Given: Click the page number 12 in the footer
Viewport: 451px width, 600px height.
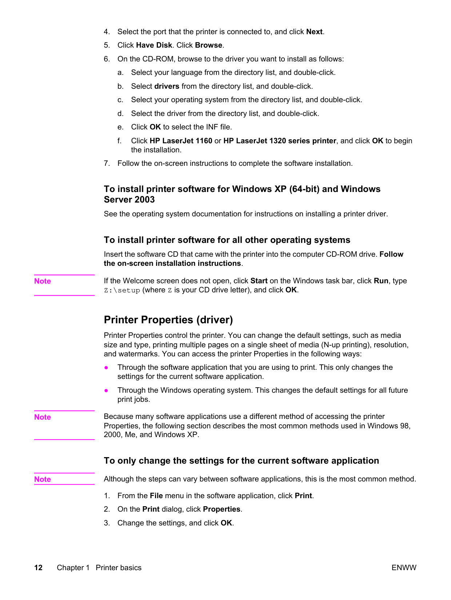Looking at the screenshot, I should point(38,568).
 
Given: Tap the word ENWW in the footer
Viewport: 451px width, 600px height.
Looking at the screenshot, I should point(404,568).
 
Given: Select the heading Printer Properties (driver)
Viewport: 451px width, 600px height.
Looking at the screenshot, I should point(168,320).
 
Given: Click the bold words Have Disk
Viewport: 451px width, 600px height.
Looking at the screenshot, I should point(154,45).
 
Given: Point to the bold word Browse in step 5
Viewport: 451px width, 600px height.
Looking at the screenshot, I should point(208,45).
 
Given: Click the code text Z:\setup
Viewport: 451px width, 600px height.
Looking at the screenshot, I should point(122,290).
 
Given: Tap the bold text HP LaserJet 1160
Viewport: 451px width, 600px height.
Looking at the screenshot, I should point(181,141).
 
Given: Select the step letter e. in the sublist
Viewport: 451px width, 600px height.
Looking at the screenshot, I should point(120,127).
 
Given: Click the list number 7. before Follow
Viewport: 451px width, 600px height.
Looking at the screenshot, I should point(107,163).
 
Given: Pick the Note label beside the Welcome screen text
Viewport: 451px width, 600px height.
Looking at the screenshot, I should point(43,281).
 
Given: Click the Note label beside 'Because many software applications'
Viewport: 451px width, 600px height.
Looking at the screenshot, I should point(43,417).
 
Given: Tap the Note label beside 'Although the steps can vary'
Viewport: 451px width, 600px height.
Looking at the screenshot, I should point(43,479).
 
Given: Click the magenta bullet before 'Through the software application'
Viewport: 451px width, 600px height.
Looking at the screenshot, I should point(106,368).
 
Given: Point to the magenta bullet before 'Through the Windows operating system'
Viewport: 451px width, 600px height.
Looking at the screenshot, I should point(106,391).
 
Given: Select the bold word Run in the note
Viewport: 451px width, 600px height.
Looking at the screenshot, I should point(381,281).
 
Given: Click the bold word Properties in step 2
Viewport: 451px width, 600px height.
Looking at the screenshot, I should point(221,509).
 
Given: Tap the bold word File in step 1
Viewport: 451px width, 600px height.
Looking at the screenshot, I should point(156,496).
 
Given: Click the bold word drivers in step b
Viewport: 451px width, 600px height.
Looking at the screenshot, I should point(167,86).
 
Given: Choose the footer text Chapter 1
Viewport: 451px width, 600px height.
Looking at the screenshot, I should point(73,568).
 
